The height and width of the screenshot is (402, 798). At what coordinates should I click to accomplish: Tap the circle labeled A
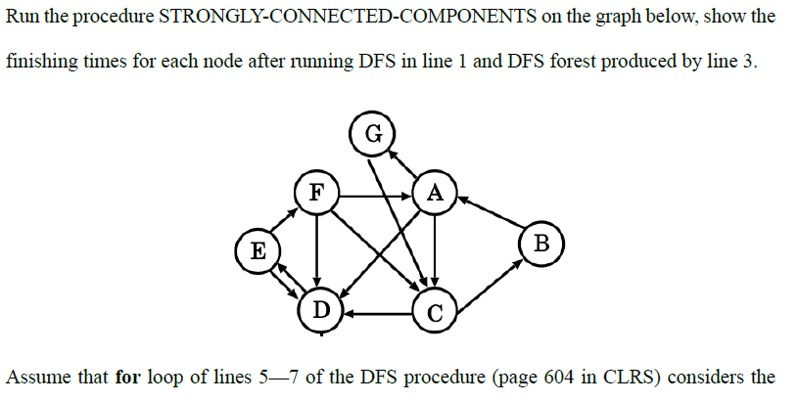point(435,193)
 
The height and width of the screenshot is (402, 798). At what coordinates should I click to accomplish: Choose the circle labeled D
point(319,311)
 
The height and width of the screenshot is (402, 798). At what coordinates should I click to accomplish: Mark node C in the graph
point(435,313)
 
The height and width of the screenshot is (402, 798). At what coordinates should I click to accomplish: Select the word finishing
point(41,61)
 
